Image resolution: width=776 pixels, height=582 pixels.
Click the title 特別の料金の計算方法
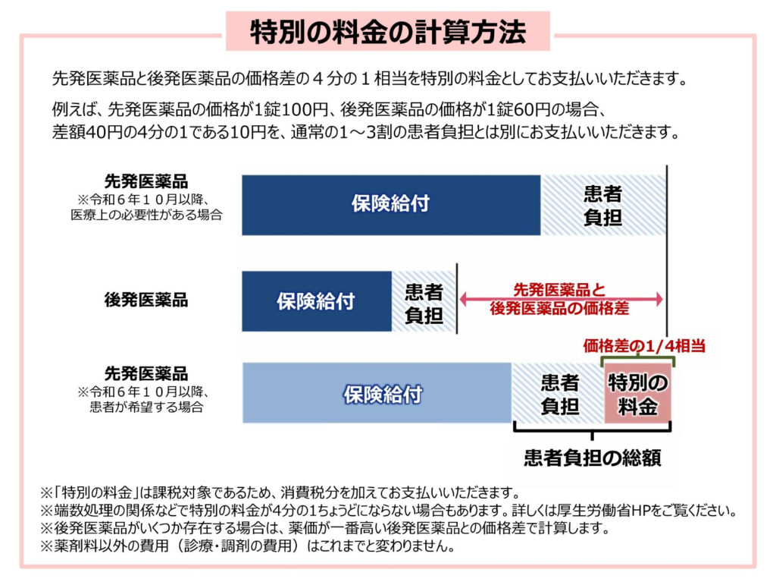(x=387, y=32)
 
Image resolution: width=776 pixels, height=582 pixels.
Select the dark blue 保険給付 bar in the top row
(x=391, y=205)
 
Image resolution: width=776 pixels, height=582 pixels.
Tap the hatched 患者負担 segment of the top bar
(x=603, y=205)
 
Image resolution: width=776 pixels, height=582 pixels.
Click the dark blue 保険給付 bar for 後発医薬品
(x=317, y=301)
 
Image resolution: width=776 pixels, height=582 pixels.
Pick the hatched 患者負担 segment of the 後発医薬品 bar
(x=424, y=301)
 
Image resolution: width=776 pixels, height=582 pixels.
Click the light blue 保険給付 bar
(x=377, y=392)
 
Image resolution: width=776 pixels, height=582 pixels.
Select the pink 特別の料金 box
(x=637, y=394)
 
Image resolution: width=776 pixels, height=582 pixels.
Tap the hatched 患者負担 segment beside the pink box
(x=558, y=392)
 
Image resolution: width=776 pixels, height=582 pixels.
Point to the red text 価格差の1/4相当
(x=644, y=345)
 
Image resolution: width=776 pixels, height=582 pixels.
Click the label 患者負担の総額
(x=593, y=458)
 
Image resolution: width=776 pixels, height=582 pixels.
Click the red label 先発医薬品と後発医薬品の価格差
(x=560, y=299)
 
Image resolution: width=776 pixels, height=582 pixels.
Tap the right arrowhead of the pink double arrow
(x=659, y=299)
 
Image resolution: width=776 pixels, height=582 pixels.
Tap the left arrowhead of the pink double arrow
(x=464, y=299)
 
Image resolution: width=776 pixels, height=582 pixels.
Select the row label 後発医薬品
(x=146, y=300)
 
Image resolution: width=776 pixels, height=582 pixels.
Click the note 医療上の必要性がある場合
(x=146, y=215)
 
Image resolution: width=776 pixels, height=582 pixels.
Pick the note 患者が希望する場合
(x=146, y=407)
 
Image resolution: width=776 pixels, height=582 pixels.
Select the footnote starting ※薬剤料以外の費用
(x=248, y=546)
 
